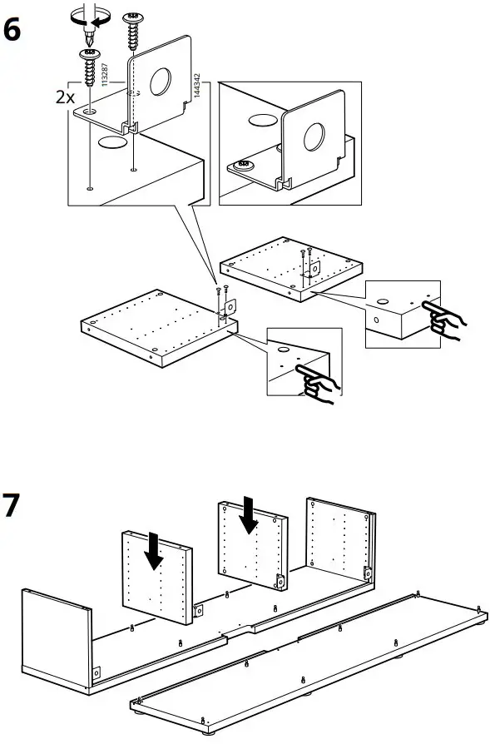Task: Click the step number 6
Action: point(14,30)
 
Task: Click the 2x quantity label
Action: point(65,97)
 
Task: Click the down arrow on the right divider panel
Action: point(249,515)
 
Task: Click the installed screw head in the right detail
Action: point(245,166)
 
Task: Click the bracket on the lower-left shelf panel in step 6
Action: point(228,309)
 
